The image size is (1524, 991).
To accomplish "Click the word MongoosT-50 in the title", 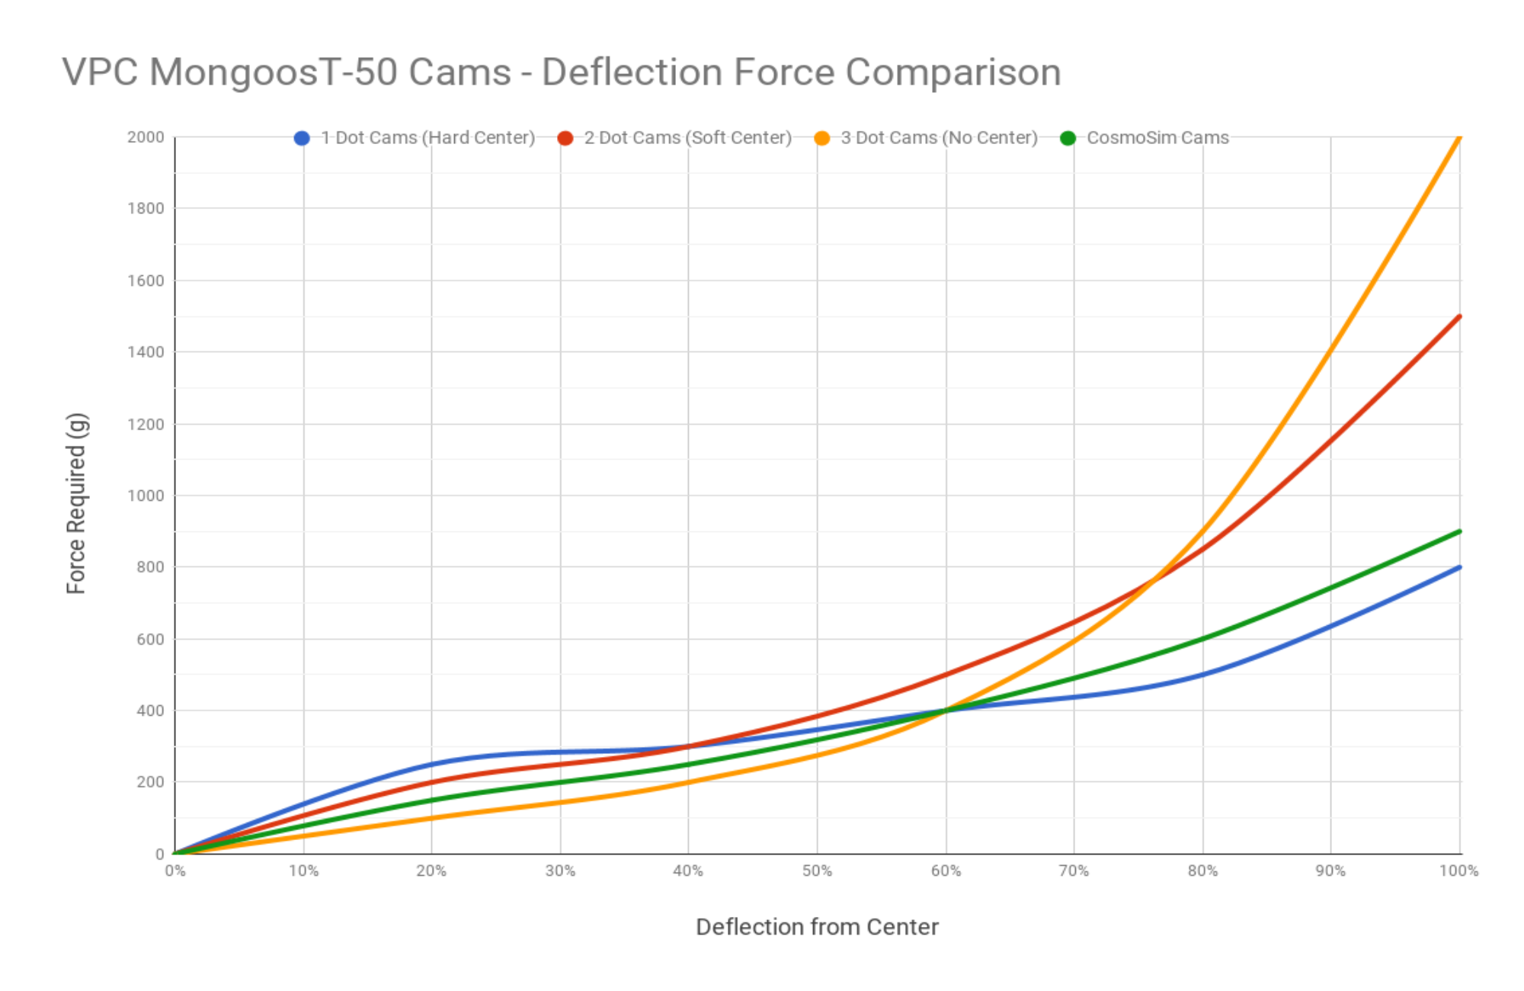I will click(330, 73).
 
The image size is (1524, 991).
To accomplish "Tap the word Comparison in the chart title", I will click(952, 73).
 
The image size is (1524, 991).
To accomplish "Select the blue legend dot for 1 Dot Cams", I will click(302, 139).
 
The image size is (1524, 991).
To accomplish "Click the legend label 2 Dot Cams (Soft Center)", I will click(687, 138).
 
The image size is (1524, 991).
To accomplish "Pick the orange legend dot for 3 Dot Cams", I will click(822, 139).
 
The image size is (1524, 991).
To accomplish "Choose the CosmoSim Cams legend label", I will click(1157, 138).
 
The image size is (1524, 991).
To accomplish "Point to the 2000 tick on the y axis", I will click(146, 137).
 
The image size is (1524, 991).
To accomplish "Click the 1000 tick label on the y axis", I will click(146, 496).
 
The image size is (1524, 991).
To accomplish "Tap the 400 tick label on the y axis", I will click(149, 710).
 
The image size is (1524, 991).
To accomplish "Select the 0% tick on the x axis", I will click(175, 871).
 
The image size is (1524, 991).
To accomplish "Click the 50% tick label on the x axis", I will click(817, 871).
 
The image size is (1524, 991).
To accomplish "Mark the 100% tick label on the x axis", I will click(1458, 871).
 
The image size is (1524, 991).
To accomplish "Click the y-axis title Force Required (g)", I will click(77, 503).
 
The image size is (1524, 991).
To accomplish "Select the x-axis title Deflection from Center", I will click(817, 927).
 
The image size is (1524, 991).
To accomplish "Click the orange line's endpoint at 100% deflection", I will click(1459, 138).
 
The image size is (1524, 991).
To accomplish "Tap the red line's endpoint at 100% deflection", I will click(1459, 316).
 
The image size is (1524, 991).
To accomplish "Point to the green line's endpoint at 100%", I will click(1459, 531).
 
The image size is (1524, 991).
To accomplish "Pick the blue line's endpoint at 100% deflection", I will click(1459, 567).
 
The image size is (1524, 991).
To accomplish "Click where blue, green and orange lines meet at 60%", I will click(946, 710).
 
